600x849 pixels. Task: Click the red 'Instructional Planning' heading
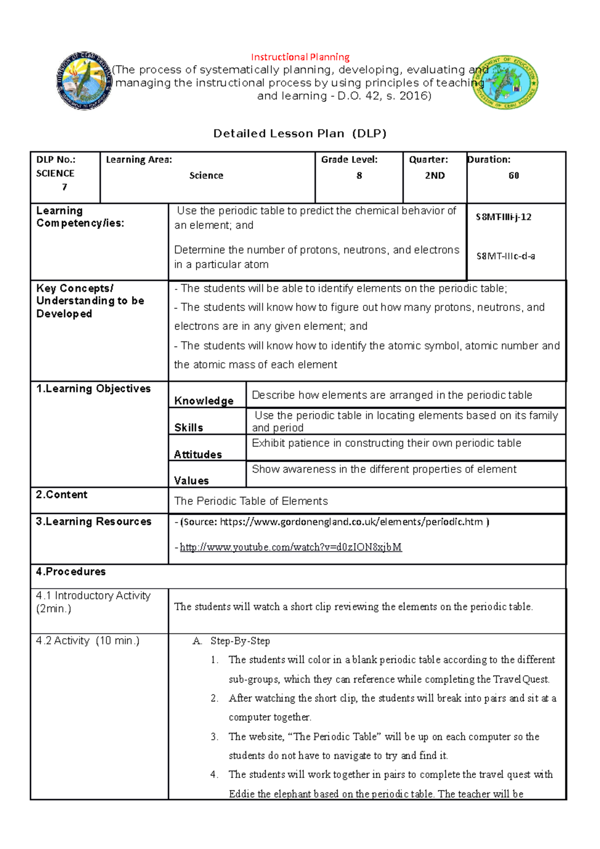coord(300,57)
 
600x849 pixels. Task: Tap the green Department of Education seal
coord(505,82)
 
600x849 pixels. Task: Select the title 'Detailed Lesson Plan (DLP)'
coord(300,133)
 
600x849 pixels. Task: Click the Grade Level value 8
coord(359,175)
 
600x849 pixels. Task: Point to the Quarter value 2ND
coord(434,175)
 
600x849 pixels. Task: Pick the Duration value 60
coord(513,175)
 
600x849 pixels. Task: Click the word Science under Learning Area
coord(206,175)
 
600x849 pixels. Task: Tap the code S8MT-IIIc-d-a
coord(505,256)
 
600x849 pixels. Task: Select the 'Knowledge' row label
coord(203,401)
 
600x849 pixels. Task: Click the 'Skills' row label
coord(188,427)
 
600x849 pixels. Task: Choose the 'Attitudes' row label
coord(197,454)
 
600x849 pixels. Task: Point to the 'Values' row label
coord(191,480)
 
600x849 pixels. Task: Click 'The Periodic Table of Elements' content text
coord(250,501)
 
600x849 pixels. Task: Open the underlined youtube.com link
coord(290,547)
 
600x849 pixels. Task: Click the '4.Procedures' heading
coord(70,571)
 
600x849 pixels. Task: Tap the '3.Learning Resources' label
coord(93,521)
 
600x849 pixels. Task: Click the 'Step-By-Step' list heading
coord(240,641)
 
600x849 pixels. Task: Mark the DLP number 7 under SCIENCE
coord(64,187)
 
